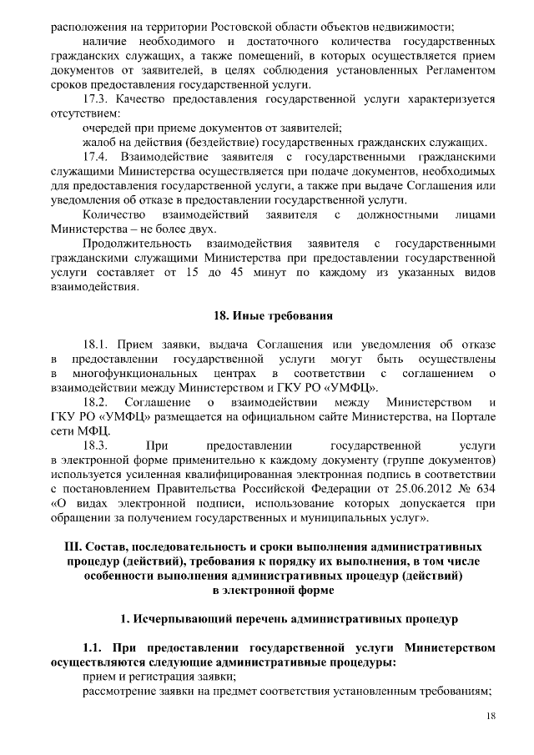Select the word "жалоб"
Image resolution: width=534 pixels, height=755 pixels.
point(98,142)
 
